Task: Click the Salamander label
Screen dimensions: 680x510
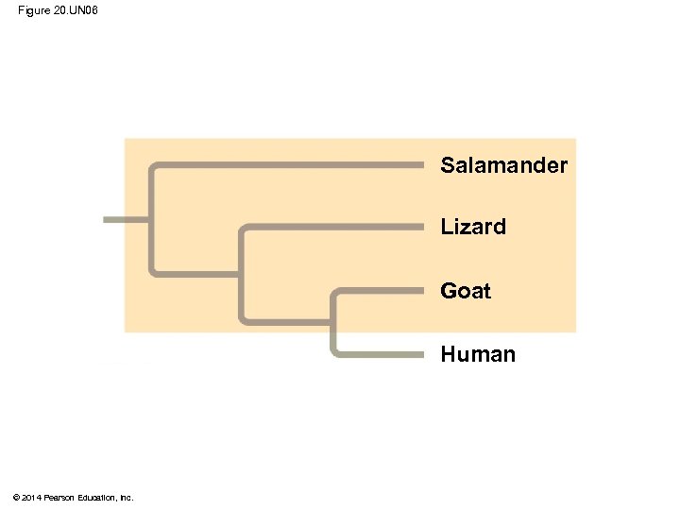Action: click(x=503, y=165)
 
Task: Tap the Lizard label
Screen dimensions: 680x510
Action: click(x=472, y=227)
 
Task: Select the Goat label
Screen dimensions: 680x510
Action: click(x=465, y=291)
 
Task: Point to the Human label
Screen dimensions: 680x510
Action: click(x=477, y=354)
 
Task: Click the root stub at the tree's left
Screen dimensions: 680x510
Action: click(x=126, y=219)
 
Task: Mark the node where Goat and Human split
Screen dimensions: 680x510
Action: click(x=334, y=321)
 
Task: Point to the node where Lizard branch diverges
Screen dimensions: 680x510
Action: click(x=243, y=273)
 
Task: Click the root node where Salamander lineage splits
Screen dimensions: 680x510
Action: click(x=151, y=219)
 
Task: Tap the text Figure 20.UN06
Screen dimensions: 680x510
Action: click(x=58, y=9)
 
